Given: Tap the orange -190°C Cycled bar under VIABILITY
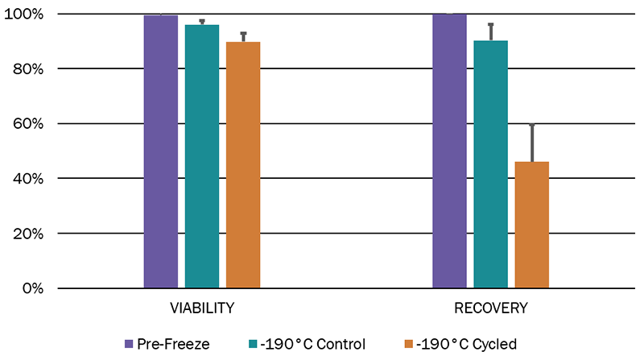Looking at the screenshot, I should [x=243, y=164].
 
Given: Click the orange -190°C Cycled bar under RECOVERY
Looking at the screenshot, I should [x=531, y=225].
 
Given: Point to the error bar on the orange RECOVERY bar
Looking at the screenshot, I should [x=531, y=143].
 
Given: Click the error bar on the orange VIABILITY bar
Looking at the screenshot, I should [x=243, y=37].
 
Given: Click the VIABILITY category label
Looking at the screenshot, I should [x=201, y=308].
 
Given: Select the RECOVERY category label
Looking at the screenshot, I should [x=490, y=308].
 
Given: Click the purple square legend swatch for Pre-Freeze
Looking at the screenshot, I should [x=130, y=344].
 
